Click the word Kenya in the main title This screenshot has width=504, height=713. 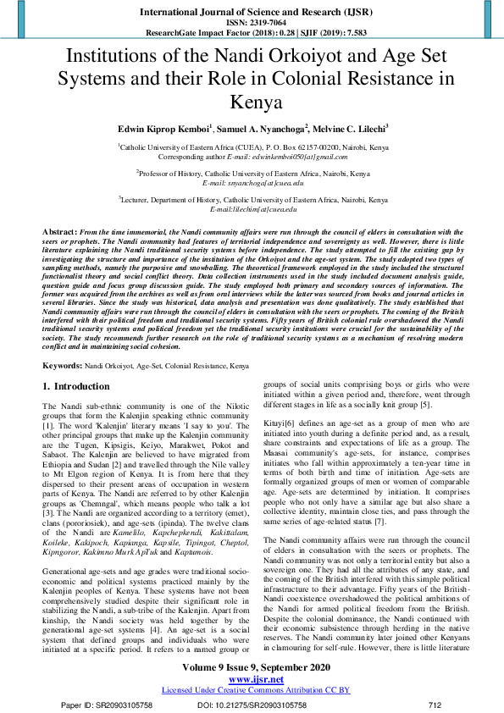252,104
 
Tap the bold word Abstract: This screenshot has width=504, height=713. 60,231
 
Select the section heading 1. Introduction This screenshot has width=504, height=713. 76,386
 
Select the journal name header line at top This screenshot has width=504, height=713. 252,12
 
